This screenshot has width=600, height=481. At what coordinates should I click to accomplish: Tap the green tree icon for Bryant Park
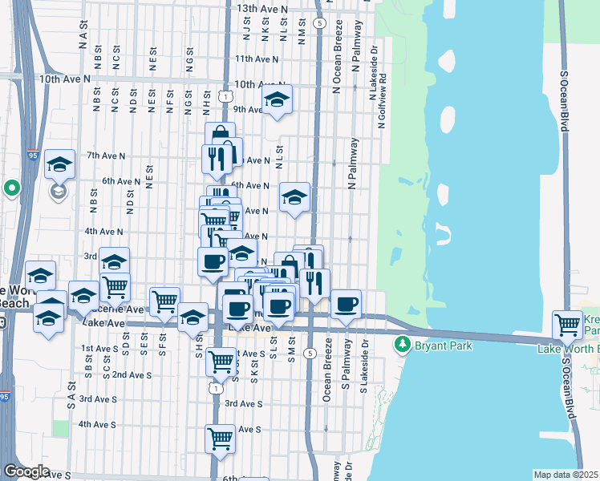tap(402, 346)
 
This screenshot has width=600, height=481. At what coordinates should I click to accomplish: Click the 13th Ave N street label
tap(262, 8)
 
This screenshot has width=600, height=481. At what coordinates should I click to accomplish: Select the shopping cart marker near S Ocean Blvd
tap(568, 325)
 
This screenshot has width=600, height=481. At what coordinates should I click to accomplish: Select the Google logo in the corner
tap(26, 471)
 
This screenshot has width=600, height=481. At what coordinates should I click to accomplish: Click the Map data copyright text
tap(566, 475)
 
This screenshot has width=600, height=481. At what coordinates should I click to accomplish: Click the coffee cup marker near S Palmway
tap(347, 304)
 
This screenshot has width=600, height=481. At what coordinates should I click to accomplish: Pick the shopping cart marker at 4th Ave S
tap(220, 439)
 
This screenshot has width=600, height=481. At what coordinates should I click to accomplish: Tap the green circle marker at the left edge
tap(11, 188)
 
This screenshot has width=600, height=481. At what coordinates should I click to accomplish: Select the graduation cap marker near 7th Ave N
tap(59, 164)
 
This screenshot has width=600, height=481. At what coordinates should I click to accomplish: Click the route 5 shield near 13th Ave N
tap(319, 23)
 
